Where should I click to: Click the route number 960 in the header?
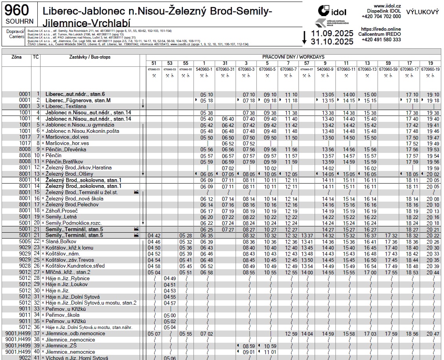coord(19,10)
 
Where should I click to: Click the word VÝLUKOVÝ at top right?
coord(422,12)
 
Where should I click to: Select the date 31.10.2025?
coord(332,41)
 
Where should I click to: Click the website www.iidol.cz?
coord(387,6)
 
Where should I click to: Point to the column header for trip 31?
coord(225,63)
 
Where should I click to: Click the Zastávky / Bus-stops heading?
coord(89,57)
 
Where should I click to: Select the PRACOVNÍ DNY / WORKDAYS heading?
coord(293,57)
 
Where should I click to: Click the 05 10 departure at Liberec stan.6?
coord(206,95)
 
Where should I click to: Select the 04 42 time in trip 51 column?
coord(154,235)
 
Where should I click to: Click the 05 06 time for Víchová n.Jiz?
coord(170,358)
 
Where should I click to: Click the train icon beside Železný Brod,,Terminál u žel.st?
coord(136,193)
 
